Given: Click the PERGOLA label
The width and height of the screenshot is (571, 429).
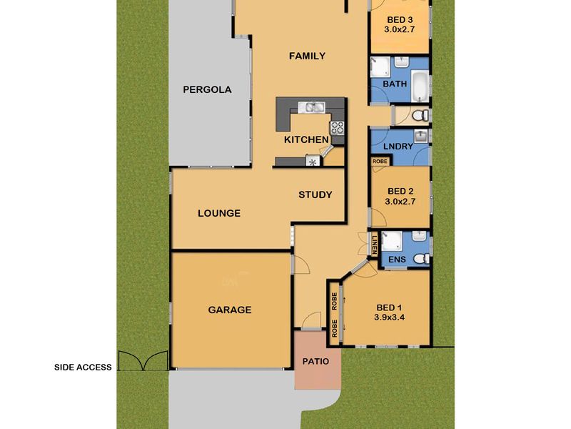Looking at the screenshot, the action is [x=207, y=90].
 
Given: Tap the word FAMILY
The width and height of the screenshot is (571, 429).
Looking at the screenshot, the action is [x=307, y=56].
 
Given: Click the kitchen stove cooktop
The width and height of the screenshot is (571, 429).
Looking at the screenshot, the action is [x=337, y=128].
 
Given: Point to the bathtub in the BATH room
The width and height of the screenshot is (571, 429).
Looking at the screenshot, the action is [x=420, y=86].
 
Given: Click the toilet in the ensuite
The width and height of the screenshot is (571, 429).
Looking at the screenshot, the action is [x=422, y=259].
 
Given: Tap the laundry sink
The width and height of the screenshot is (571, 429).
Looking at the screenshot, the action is [x=422, y=136].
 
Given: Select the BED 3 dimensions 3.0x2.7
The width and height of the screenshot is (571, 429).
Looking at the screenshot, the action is [x=400, y=29].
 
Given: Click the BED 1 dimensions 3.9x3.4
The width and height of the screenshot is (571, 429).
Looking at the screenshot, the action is [x=389, y=317].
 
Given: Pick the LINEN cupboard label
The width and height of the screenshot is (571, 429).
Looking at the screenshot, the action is [x=374, y=245].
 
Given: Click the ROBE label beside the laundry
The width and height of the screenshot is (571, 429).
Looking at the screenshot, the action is [x=380, y=161].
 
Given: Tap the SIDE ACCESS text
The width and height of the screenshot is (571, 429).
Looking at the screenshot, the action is [x=83, y=368].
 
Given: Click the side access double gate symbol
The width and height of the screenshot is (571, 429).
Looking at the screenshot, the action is [x=143, y=360].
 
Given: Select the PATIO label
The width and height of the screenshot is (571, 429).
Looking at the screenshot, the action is [x=315, y=362].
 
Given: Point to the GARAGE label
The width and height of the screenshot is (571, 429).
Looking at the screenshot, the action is [x=230, y=310].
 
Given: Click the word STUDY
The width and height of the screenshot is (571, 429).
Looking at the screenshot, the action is [x=315, y=194].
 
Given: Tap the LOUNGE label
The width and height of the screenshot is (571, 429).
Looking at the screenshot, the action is [x=219, y=213].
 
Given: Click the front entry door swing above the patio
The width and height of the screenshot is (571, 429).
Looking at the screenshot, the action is [x=312, y=320].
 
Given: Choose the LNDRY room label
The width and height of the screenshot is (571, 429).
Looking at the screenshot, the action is [x=398, y=147].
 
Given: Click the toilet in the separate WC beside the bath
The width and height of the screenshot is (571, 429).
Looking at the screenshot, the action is [x=421, y=116].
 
